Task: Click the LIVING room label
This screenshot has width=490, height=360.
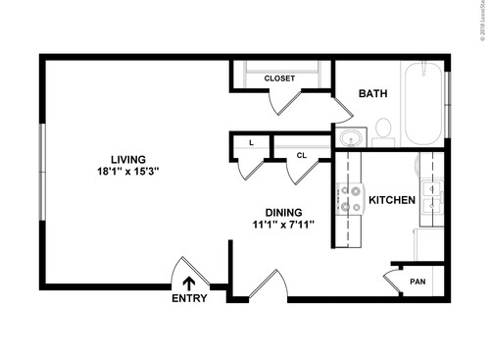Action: (x=127, y=159)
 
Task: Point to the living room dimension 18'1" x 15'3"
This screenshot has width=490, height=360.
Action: (x=127, y=172)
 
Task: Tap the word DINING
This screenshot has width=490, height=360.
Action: (x=283, y=212)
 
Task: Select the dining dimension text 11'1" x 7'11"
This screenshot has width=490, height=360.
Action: (x=283, y=225)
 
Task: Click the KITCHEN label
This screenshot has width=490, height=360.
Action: (x=392, y=201)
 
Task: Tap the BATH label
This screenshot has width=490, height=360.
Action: (x=372, y=94)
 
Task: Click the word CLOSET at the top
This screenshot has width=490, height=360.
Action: (x=279, y=77)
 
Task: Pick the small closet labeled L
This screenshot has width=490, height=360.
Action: (x=252, y=143)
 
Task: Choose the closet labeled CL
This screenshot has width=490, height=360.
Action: (x=301, y=154)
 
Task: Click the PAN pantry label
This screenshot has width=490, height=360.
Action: (x=417, y=281)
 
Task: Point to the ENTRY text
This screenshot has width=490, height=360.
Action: (x=189, y=299)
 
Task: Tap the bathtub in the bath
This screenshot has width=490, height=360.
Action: (x=423, y=118)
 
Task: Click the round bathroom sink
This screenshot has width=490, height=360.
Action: (x=348, y=137)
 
